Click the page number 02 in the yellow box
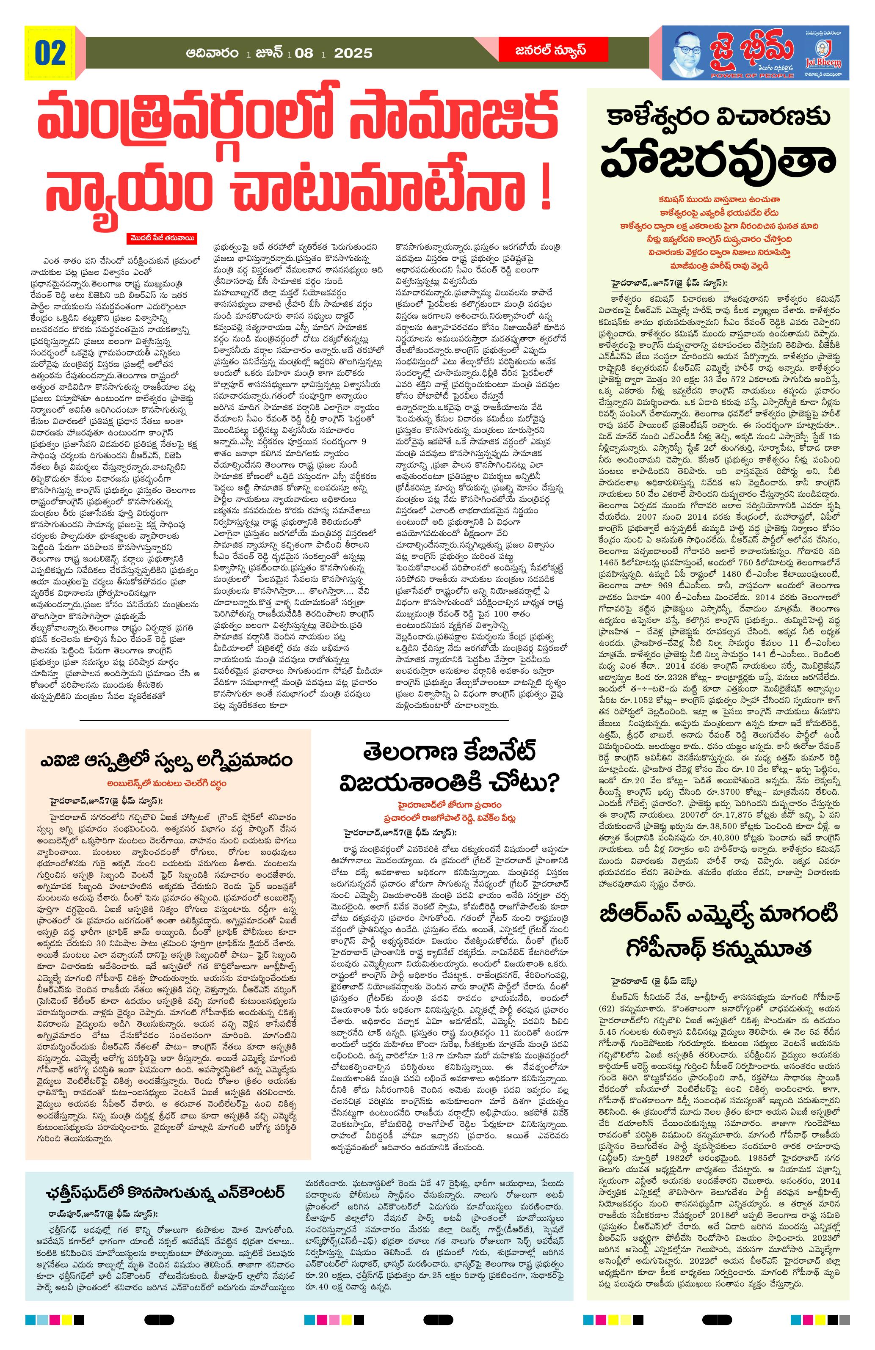click(x=50, y=53)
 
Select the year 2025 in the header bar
click(x=353, y=53)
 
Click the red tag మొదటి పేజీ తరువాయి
click(x=161, y=238)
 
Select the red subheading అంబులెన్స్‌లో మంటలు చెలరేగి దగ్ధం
click(x=167, y=783)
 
